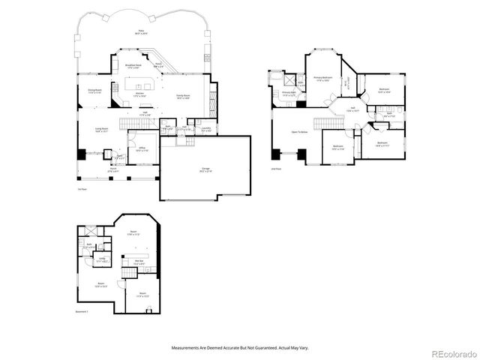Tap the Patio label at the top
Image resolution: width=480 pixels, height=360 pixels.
140,32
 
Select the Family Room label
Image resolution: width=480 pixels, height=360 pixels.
182,96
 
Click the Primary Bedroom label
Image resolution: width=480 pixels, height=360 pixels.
323,78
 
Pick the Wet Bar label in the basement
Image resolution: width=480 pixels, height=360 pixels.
139,262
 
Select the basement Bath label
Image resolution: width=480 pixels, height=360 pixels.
89,244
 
